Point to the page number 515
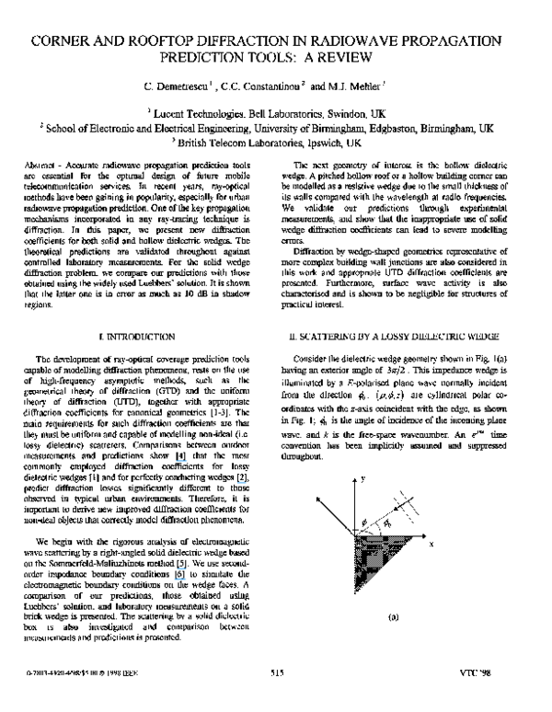[276, 699]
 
